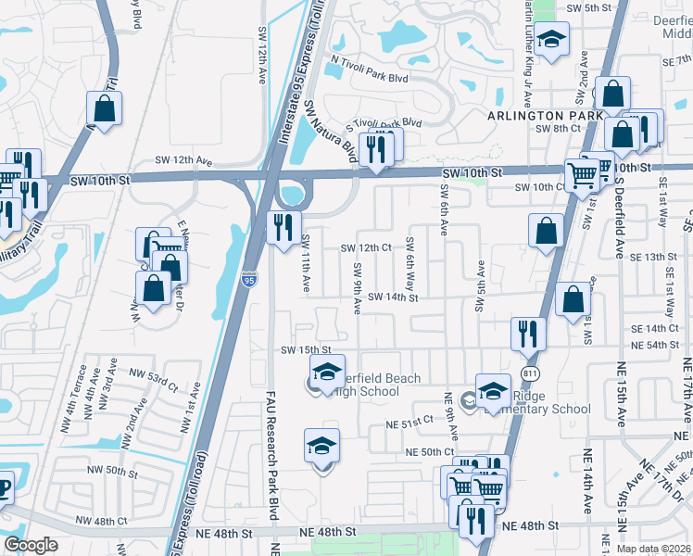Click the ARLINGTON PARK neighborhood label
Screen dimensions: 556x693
539,115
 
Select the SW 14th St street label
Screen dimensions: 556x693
393,297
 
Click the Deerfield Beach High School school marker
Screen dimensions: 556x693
326,373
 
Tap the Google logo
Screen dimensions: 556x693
31,545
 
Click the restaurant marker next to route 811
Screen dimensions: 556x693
528,335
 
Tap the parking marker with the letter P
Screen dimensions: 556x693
5,487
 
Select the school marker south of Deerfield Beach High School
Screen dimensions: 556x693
321,447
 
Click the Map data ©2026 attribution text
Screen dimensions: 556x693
653,549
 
